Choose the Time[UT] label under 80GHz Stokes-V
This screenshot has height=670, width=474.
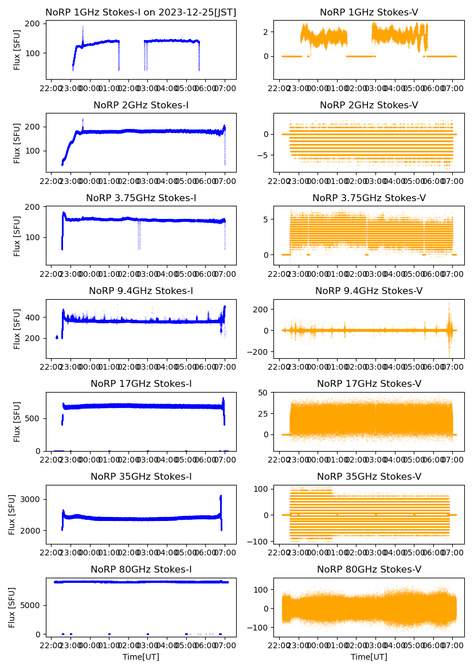(369, 657)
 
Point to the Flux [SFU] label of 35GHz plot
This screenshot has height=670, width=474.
(12, 515)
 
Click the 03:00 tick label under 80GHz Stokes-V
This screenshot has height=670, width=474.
(375, 646)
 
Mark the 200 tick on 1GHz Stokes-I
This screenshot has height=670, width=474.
(35, 23)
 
